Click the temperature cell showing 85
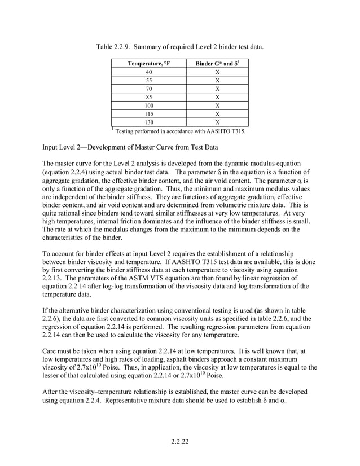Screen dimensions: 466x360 [x=148, y=96]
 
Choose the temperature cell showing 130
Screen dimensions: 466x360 [x=148, y=121]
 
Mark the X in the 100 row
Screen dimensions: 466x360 [x=217, y=105]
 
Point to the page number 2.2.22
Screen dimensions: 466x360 [x=179, y=440]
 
